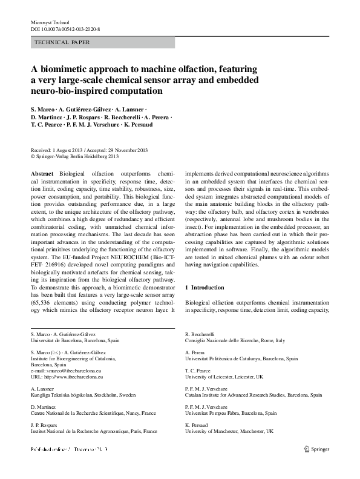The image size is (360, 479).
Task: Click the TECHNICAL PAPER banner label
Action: (x=63, y=43)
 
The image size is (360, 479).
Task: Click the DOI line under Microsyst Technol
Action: (x=65, y=28)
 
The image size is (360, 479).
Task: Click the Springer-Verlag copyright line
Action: (x=79, y=156)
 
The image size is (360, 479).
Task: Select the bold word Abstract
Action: (x=43, y=173)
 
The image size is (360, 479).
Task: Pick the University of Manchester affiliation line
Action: (x=229, y=432)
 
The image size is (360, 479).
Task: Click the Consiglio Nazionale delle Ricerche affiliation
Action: (x=234, y=340)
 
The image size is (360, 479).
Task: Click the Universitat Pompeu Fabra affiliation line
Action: (x=231, y=414)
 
